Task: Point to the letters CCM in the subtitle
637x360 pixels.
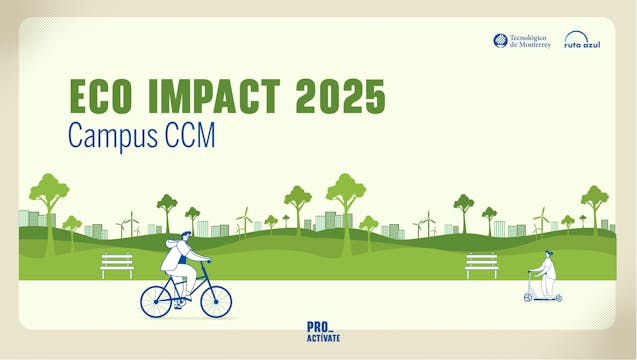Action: point(191,135)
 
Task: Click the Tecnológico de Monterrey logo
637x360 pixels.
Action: point(521,41)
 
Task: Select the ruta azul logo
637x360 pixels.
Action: point(581,40)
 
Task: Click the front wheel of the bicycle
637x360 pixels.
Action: point(215,300)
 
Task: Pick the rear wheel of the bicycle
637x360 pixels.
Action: point(156,300)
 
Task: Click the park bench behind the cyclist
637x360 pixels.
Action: point(117,264)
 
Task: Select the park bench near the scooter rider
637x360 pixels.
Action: point(481,264)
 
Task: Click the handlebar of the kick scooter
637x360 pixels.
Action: point(530,273)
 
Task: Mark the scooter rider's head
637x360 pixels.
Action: point(548,256)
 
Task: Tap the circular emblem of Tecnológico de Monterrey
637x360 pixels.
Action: point(500,40)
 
